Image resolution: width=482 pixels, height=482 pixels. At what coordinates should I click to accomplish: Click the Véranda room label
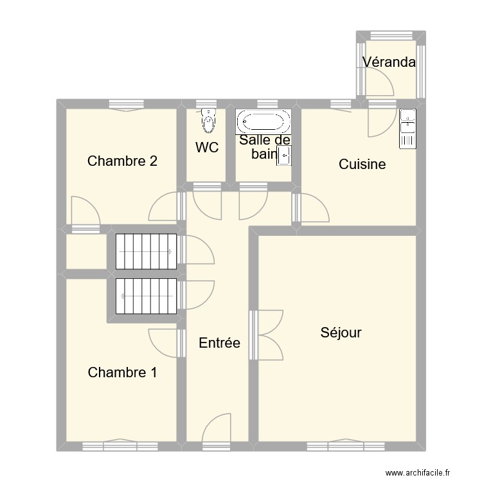coord(389,62)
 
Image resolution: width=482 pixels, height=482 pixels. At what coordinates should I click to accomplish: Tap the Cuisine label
coord(362,164)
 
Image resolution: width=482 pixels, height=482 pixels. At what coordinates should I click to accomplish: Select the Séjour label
coord(341,333)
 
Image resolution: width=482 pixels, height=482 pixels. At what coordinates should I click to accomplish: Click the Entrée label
coord(220,343)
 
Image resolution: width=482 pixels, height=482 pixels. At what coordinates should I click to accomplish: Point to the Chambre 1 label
coord(122,372)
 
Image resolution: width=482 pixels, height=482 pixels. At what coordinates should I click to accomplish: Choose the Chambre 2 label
coord(122,161)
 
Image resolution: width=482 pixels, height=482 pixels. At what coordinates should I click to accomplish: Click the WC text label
coord(207,147)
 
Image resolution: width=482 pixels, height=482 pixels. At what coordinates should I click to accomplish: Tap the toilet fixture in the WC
coord(208,121)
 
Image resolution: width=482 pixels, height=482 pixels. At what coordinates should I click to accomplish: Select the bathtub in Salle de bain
coord(263,121)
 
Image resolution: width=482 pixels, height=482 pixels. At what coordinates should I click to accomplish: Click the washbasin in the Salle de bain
coord(283,156)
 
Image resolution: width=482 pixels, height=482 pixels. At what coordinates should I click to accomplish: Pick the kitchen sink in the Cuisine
coord(407,129)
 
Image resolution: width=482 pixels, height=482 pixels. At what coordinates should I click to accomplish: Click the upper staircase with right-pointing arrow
coord(146,251)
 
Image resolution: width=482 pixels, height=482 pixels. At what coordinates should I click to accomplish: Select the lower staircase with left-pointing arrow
coord(146,296)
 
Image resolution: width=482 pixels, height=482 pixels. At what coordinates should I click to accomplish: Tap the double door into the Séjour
coord(266,335)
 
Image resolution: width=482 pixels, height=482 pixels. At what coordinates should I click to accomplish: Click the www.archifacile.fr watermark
coord(418,472)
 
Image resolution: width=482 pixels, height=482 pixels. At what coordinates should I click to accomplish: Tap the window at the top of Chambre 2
coord(127,105)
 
